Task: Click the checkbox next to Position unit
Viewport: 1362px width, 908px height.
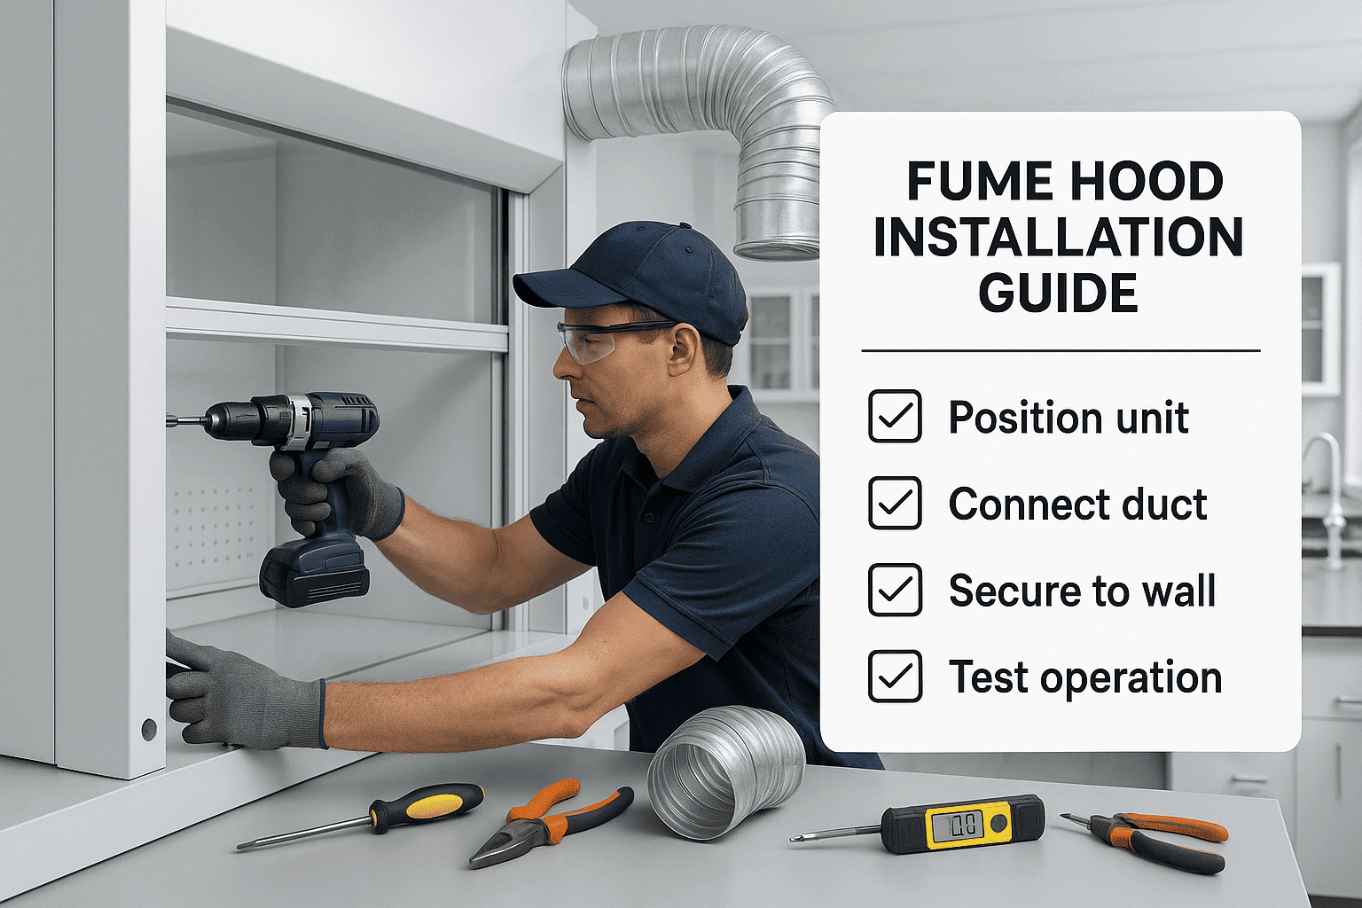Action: (x=895, y=416)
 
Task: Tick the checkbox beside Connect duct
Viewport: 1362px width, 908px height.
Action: (x=895, y=503)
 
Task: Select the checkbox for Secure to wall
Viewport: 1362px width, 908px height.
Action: (x=895, y=590)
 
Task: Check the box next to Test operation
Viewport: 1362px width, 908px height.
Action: (x=895, y=677)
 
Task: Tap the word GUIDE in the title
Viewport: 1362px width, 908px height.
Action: (x=1058, y=294)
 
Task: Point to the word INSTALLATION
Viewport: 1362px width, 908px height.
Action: (x=1058, y=238)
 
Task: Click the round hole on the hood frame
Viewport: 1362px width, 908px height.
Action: (x=149, y=730)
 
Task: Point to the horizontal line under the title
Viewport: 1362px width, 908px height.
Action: (x=1061, y=351)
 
